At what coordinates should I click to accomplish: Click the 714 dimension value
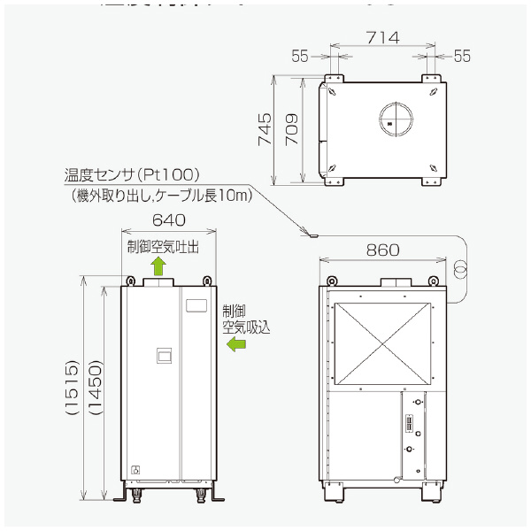(383, 37)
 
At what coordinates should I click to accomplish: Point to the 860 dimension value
(382, 250)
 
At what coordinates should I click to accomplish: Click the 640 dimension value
(169, 220)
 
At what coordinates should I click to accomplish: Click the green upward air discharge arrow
(158, 265)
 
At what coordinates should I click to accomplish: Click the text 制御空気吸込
(245, 319)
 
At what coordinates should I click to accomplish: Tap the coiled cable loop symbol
(460, 266)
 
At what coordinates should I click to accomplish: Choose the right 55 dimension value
(462, 56)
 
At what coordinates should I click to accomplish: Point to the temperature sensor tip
(311, 235)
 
